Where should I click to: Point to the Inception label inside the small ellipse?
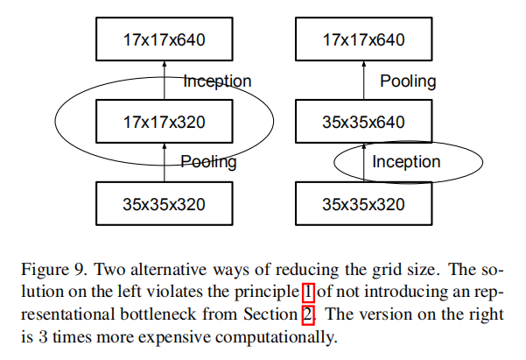(406, 162)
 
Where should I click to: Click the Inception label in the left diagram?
(217, 81)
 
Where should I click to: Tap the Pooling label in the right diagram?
(408, 81)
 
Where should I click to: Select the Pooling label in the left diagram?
(208, 162)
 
